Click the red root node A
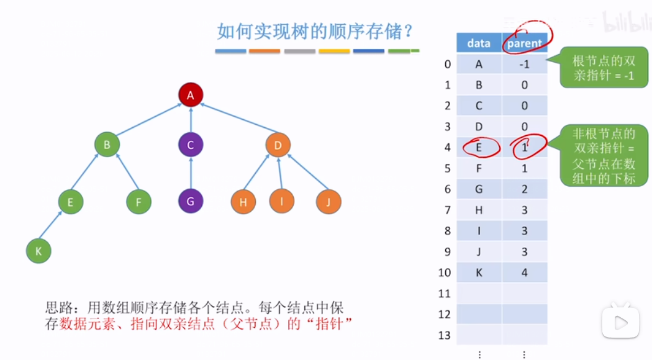(191, 95)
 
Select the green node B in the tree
(107, 145)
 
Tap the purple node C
(191, 145)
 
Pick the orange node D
(278, 145)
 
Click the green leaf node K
(38, 251)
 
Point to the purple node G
(191, 202)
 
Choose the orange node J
(328, 202)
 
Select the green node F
(138, 202)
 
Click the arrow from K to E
(50, 227)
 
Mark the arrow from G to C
(191, 174)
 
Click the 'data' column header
(479, 43)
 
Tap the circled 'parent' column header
(525, 43)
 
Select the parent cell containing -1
(525, 64)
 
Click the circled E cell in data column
(479, 147)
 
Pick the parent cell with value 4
(525, 272)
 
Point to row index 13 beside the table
(444, 336)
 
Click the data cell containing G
(479, 189)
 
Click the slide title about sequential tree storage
(315, 31)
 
